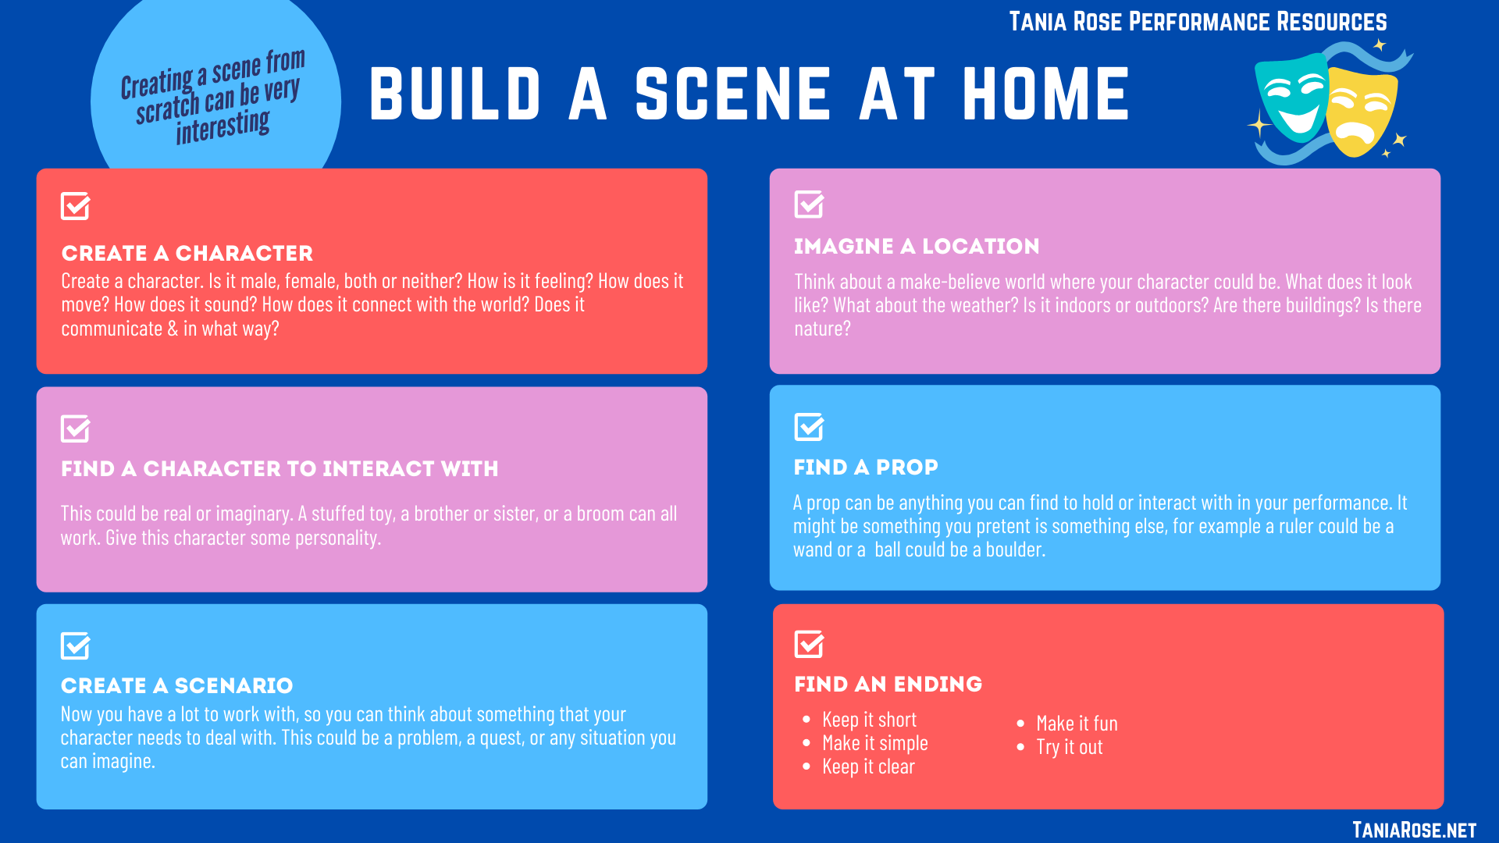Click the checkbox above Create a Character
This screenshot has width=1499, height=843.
(x=75, y=206)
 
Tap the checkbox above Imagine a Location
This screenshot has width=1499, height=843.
(x=809, y=204)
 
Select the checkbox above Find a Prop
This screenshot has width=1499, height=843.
(x=809, y=426)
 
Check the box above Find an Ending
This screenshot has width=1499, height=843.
(x=809, y=644)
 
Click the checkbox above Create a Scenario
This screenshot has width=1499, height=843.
(x=75, y=646)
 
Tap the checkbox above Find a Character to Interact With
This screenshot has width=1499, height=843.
(x=75, y=429)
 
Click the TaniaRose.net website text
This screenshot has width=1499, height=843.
(x=1414, y=830)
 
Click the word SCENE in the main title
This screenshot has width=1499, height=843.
(x=733, y=94)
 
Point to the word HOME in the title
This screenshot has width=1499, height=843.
(x=1046, y=94)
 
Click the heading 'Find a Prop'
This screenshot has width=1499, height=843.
(x=866, y=467)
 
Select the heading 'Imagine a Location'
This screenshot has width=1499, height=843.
(x=917, y=246)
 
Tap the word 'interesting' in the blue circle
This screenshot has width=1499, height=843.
(x=223, y=126)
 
